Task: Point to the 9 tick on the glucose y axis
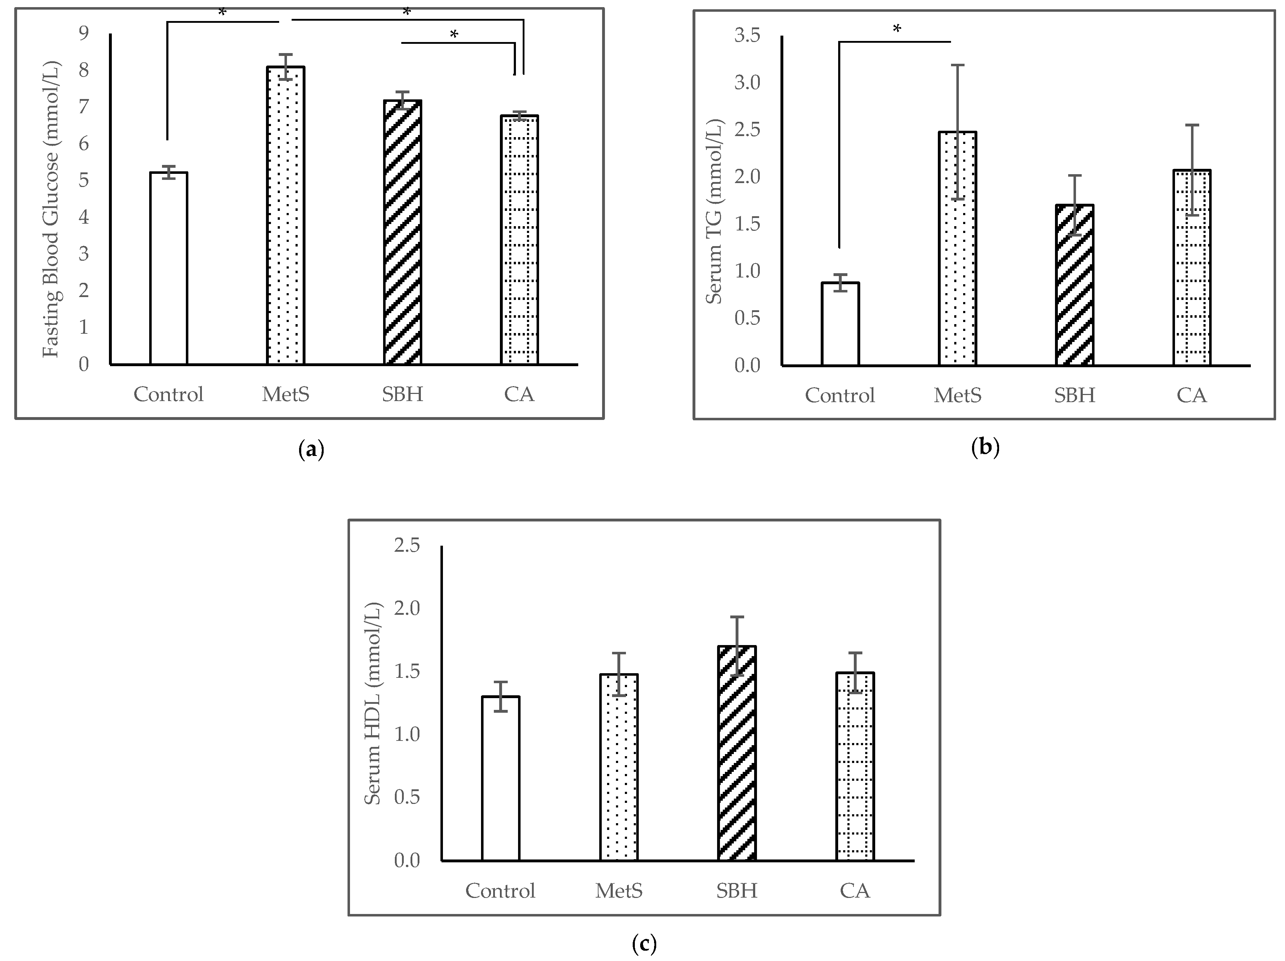pos(84,33)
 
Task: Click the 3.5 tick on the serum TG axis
pos(747,36)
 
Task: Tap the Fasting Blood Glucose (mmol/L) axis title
pos(51,209)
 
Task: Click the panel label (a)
pos(311,450)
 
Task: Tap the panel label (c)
pos(644,944)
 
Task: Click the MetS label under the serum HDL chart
pos(619,891)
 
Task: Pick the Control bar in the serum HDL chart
pos(500,779)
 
